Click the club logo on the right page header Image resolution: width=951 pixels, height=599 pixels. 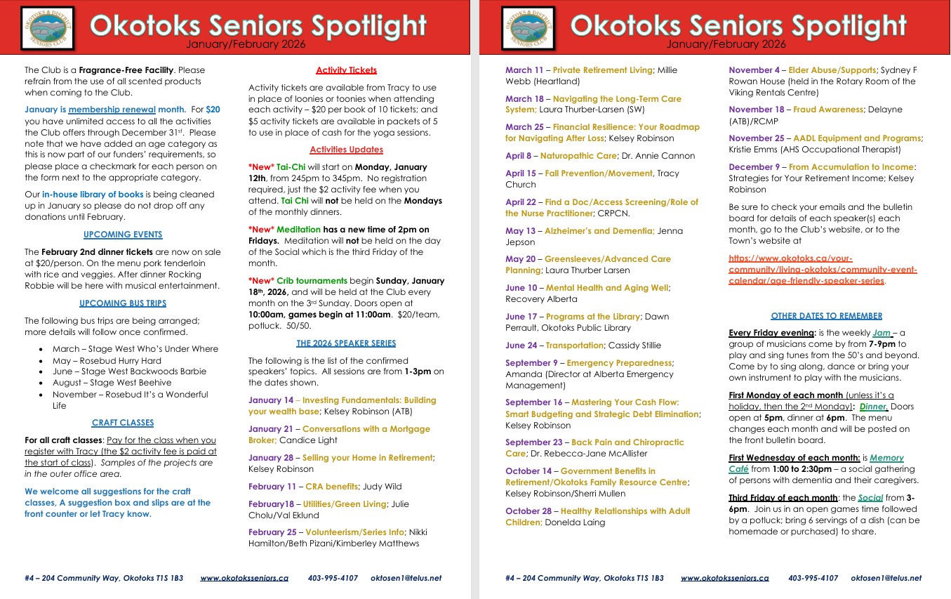[x=528, y=27]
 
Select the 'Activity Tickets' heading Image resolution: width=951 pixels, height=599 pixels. [x=346, y=70]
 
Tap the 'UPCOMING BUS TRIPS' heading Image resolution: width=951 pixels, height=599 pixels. [x=123, y=303]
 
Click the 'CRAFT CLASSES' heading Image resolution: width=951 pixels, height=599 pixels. [x=123, y=423]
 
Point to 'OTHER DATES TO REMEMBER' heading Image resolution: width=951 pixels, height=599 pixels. [x=826, y=316]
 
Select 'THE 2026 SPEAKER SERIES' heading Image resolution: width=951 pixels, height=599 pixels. [x=346, y=343]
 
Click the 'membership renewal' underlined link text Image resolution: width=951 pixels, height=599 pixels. [x=112, y=110]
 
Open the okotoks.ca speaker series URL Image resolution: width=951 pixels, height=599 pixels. [x=823, y=270]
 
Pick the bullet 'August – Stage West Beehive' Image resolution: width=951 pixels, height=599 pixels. [x=112, y=383]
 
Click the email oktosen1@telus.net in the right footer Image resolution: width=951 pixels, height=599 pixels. [x=886, y=578]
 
